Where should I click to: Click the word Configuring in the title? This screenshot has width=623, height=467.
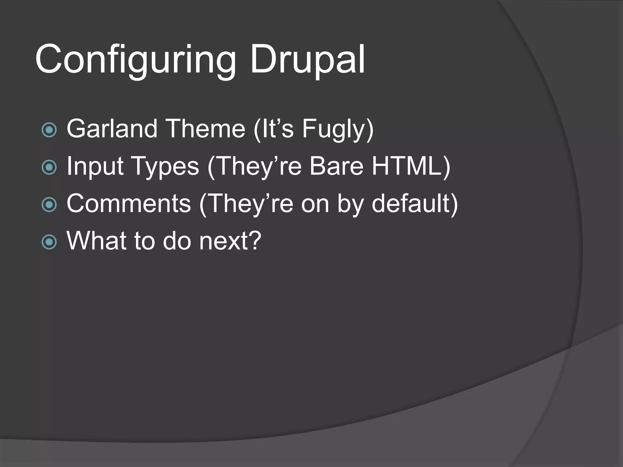click(x=135, y=59)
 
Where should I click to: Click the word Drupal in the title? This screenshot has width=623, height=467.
click(x=307, y=59)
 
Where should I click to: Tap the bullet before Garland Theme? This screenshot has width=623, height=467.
click(x=49, y=130)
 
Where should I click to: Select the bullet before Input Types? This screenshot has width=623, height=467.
click(x=49, y=167)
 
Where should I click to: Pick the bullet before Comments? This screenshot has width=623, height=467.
click(x=49, y=205)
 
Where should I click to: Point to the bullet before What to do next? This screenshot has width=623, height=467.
click(x=49, y=242)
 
